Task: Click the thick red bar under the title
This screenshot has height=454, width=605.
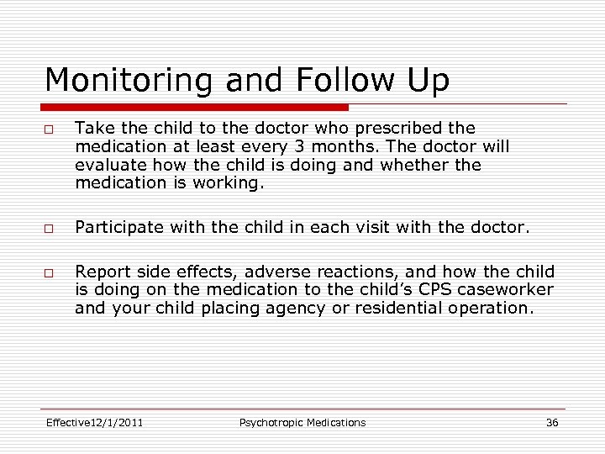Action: click(x=195, y=108)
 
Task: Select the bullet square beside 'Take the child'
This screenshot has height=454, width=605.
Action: click(x=51, y=129)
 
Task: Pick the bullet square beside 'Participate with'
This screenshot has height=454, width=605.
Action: click(x=51, y=227)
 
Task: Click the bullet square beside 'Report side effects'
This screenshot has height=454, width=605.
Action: click(x=51, y=272)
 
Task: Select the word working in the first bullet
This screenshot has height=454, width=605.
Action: click(x=227, y=182)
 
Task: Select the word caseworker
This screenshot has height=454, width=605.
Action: click(x=516, y=289)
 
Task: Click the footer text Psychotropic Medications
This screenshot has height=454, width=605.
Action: click(x=302, y=422)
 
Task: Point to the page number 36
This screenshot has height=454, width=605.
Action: click(x=551, y=422)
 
